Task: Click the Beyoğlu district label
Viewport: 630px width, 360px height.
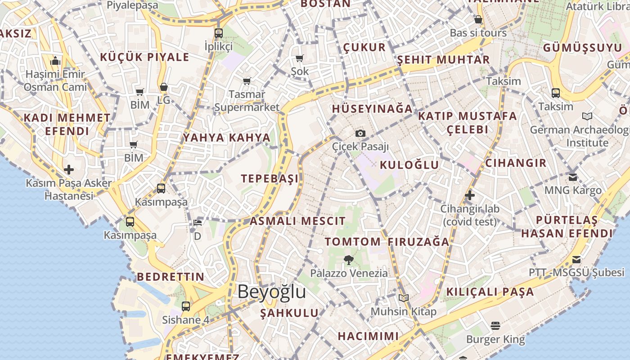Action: [x=272, y=292]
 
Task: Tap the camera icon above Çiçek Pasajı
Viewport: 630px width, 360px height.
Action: [x=360, y=133]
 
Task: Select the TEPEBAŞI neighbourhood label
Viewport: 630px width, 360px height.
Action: [x=270, y=179]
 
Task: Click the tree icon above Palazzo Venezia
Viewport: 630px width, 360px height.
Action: [x=348, y=260]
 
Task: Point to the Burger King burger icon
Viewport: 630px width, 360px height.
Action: [x=495, y=326]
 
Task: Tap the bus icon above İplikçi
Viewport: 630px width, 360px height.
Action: [x=219, y=33]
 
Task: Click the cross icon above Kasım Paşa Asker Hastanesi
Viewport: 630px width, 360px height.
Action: [x=69, y=170]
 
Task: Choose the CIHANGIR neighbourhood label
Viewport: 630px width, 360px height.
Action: [x=516, y=163]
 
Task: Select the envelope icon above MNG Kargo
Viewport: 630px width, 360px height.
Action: [x=573, y=177]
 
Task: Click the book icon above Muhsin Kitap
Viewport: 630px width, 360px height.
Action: [x=404, y=298]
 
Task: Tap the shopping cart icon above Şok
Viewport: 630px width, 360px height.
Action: [x=299, y=58]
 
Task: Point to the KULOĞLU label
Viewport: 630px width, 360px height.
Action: [x=409, y=165]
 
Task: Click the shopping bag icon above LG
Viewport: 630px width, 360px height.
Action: [x=164, y=87]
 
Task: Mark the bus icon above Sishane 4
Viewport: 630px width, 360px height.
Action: [x=186, y=306]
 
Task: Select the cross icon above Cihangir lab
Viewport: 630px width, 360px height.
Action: [x=470, y=195]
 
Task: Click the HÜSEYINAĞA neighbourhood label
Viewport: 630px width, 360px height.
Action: [x=372, y=109]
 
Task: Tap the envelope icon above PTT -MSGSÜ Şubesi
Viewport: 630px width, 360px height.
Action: [x=576, y=259]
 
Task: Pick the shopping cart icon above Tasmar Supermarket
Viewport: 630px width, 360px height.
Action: [x=247, y=81]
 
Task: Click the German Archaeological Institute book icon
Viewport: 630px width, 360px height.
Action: [x=587, y=117]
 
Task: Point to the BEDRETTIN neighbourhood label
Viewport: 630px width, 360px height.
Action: [x=171, y=277]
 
